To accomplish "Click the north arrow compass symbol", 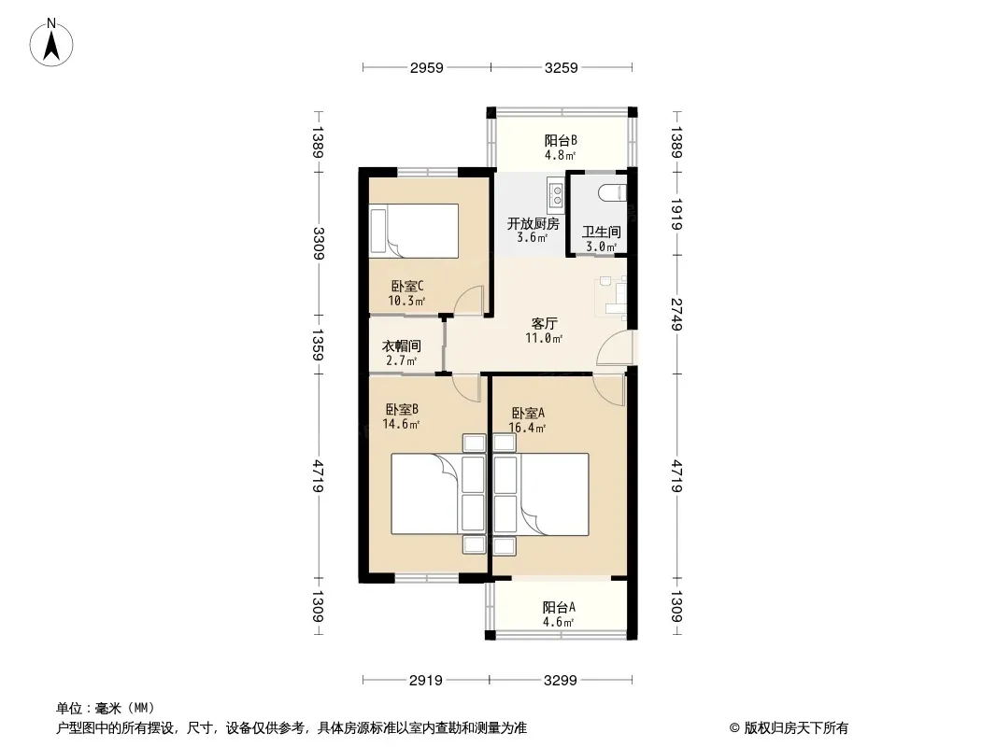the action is tap(51, 43).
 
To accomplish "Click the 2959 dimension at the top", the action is tap(426, 68).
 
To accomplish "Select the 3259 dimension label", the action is tap(562, 68).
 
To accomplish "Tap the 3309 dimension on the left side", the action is tap(319, 244).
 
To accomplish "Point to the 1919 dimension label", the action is tap(676, 215).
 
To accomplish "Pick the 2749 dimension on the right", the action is tap(676, 314).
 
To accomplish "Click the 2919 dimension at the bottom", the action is tap(425, 681).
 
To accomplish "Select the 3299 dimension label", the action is tap(561, 681).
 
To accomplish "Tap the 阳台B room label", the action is tap(561, 140).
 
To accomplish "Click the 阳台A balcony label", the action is tap(559, 607).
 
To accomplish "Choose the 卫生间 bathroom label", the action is tap(601, 232).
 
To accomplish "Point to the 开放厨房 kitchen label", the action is tap(533, 223).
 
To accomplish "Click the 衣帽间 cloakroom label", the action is tap(402, 345).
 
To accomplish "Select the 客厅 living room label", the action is tap(545, 324).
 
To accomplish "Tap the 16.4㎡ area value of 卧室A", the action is tap(527, 429).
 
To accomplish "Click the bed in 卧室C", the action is tap(414, 231).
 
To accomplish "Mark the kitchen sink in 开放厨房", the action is tap(557, 194).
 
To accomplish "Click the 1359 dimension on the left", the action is tap(319, 345).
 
